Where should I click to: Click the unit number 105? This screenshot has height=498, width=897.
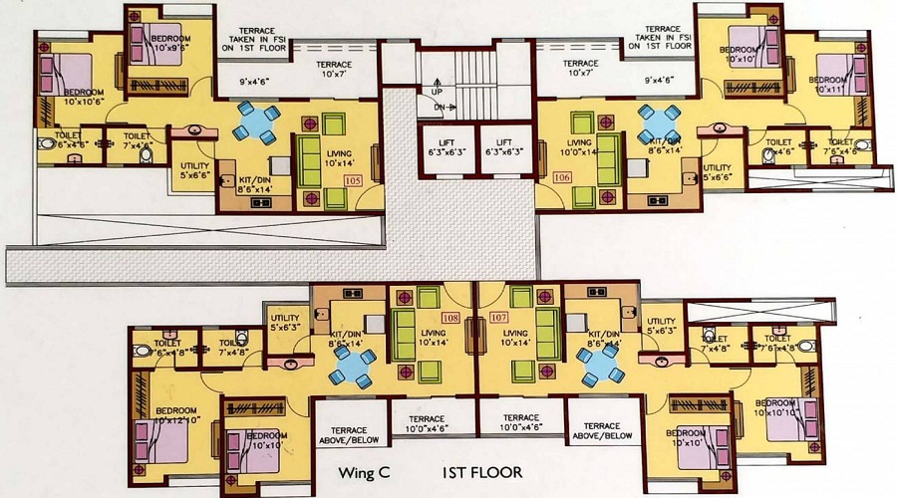[352, 181]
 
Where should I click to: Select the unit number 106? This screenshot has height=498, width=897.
[561, 179]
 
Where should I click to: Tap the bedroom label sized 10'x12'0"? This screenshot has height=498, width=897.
[164, 416]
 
